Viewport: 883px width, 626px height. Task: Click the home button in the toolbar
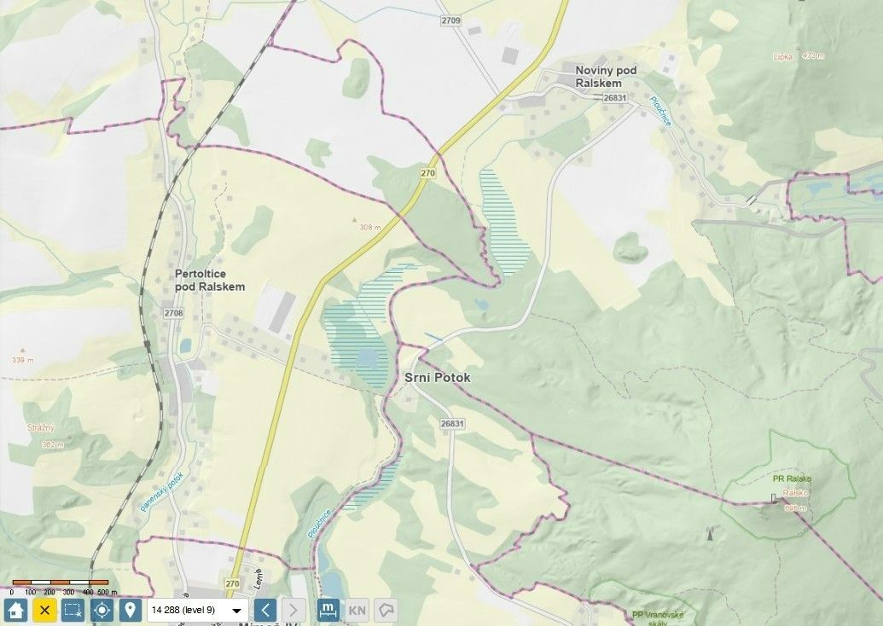15,611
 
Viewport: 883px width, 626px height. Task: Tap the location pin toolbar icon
130,611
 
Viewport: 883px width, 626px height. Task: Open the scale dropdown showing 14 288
197,611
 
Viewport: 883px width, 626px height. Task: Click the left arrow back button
265,611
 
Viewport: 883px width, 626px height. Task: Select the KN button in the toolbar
357,611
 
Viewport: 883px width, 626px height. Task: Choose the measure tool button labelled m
328,611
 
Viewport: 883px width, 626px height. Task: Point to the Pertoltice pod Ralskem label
209,281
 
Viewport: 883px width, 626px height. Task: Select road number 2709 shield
451,20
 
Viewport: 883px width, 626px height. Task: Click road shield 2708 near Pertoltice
173,314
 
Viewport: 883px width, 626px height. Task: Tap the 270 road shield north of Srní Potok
427,173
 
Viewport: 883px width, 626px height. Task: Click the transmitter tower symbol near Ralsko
707,535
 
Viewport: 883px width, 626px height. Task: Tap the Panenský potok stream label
161,493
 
